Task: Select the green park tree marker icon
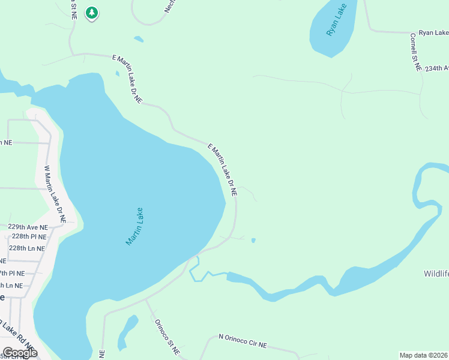pyautogui.click(x=91, y=13)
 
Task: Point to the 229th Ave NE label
pyautogui.click(x=28, y=227)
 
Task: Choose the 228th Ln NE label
pyautogui.click(x=27, y=248)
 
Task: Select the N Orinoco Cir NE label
pyautogui.click(x=243, y=342)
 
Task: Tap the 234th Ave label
pyautogui.click(x=436, y=69)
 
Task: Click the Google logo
pyautogui.click(x=19, y=353)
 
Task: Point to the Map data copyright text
pyautogui.click(x=424, y=355)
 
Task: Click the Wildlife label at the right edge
pyautogui.click(x=436, y=274)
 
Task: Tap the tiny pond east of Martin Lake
pyautogui.click(x=253, y=241)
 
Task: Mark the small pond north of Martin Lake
pyautogui.click(x=139, y=40)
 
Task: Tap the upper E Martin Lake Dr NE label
pyautogui.click(x=127, y=79)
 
